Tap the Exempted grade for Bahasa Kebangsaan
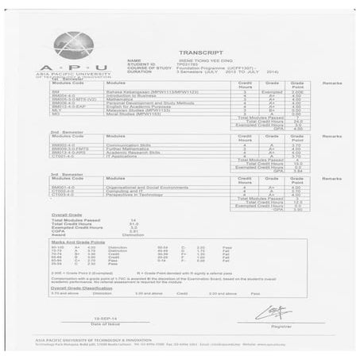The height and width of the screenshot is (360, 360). [275, 93]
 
